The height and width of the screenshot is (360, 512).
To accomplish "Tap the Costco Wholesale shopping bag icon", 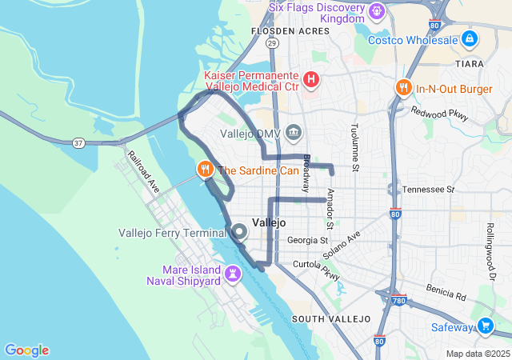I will [470, 39].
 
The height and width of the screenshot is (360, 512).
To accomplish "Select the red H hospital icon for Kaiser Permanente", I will [311, 80].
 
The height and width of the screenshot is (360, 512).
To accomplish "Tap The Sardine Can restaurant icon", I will [206, 169].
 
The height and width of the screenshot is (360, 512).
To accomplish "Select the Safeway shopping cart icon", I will [485, 326].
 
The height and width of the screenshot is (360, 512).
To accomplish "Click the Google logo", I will [26, 350].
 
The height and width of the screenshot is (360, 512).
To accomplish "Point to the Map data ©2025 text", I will [477, 354].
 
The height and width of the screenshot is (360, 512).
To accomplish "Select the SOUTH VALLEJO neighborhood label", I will [331, 318].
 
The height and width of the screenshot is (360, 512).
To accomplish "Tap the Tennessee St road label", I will [428, 190].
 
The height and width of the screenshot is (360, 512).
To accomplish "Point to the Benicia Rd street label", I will [446, 291].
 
